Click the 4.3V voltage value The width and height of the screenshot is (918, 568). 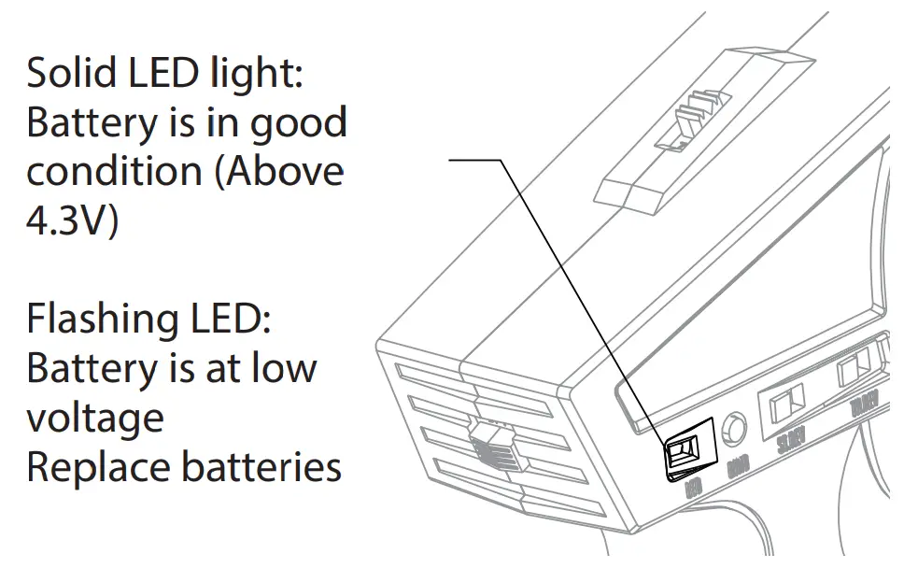(72, 221)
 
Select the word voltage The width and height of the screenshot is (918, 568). (94, 418)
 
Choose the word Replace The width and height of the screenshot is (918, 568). (93, 466)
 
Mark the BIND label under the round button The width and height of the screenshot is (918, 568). (736, 467)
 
